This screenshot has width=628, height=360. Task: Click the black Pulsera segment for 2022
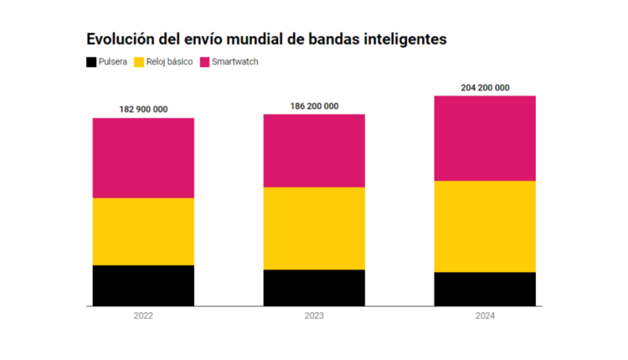point(143,285)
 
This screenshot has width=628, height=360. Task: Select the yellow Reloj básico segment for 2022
point(143,231)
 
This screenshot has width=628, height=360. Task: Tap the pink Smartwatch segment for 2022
point(143,157)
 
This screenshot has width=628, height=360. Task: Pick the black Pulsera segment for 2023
point(314,288)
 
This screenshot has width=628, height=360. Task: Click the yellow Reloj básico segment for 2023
point(314,228)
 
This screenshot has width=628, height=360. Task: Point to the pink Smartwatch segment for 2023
point(314,151)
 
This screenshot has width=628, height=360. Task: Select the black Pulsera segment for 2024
point(485,289)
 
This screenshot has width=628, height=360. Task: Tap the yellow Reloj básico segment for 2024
point(485,226)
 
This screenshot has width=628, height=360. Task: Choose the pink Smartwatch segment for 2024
point(485,138)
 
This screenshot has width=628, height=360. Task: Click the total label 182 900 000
point(143,110)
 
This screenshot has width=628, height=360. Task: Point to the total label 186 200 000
point(314,105)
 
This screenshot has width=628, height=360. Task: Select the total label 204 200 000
point(485,87)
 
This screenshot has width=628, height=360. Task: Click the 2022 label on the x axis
point(143,316)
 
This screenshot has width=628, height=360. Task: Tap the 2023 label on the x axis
point(314,316)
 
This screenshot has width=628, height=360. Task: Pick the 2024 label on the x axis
point(485,316)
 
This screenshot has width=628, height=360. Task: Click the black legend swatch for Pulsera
point(91,62)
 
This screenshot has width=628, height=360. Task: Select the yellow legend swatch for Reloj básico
point(139,62)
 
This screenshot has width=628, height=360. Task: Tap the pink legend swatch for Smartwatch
point(205,62)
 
